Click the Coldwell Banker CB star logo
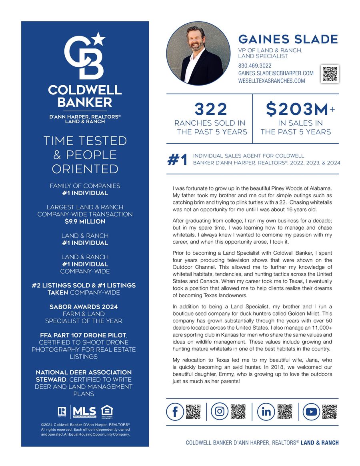pos(85,56)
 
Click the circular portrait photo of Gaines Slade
pos(198,53)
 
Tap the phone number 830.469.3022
pos(254,66)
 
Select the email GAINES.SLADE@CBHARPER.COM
pos(276,73)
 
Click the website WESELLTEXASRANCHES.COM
pos(271,81)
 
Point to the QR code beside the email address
pos(330,74)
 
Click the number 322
pos(211,109)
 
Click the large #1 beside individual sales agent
pos(177,160)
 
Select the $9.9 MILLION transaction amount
pos(85,221)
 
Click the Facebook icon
pos(175,412)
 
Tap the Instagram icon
pos(220,412)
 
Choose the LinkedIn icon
pos(266,412)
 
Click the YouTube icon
pos(311,412)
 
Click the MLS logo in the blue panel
pos(84,412)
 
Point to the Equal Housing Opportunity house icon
pos(107,411)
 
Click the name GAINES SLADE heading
pos(288,39)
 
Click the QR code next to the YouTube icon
pos(330,412)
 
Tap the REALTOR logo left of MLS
pos(62,411)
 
